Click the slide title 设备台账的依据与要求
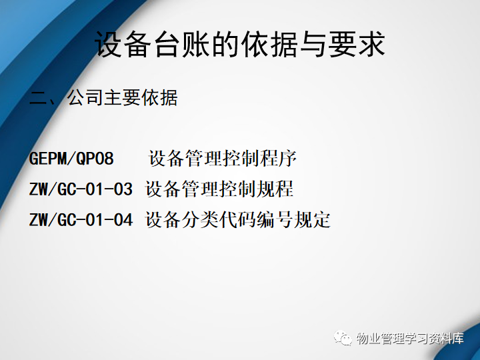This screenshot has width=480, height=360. tap(240, 44)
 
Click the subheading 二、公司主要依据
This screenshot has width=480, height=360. tap(103, 98)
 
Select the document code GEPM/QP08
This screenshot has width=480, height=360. tap(71, 158)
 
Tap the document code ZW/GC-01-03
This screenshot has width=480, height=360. tap(81, 189)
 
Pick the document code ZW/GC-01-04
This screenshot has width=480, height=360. tap(81, 219)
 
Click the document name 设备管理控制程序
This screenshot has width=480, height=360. tap(223, 158)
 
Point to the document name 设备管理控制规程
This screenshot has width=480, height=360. tap(219, 189)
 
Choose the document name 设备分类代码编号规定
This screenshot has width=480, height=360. tap(238, 219)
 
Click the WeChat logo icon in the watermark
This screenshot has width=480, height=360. tap(343, 337)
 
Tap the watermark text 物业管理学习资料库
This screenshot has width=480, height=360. tap(410, 338)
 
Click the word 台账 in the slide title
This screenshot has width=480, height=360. tap(182, 44)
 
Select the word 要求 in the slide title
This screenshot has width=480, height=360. tap(356, 44)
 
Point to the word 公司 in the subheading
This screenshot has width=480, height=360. tap(85, 98)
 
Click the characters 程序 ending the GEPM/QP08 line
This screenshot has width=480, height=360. tap(279, 158)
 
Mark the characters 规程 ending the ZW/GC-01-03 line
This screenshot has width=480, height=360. tap(275, 189)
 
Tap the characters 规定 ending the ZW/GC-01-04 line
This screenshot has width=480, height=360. tap(312, 219)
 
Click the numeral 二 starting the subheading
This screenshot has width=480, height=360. tap(37, 99)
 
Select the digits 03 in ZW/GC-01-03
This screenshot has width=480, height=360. tap(123, 189)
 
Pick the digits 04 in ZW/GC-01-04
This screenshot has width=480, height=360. tap(123, 219)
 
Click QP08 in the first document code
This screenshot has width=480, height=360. tap(95, 158)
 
